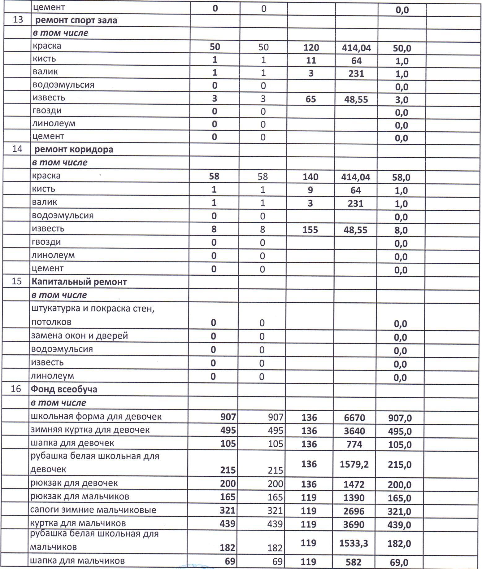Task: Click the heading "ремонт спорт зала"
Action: [x=76, y=20]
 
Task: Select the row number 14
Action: [x=17, y=149]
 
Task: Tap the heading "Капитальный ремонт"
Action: [x=79, y=282]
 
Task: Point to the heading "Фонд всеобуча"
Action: [x=64, y=389]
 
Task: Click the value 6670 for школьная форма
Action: [x=354, y=418]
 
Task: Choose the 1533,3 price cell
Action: [x=354, y=543]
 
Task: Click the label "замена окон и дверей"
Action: [x=80, y=335]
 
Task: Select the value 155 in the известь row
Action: [x=310, y=230]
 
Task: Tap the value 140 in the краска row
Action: [x=310, y=177]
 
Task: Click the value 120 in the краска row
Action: [x=311, y=48]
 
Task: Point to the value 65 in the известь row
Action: [x=311, y=99]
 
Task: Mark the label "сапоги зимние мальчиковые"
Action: [x=93, y=510]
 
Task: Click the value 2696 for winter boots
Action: [x=354, y=511]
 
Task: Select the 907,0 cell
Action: [x=400, y=418]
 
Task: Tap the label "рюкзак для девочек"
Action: [x=74, y=483]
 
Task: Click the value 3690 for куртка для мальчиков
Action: [x=354, y=525]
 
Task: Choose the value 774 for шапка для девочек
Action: [x=354, y=444]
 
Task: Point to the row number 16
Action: [x=16, y=389]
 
